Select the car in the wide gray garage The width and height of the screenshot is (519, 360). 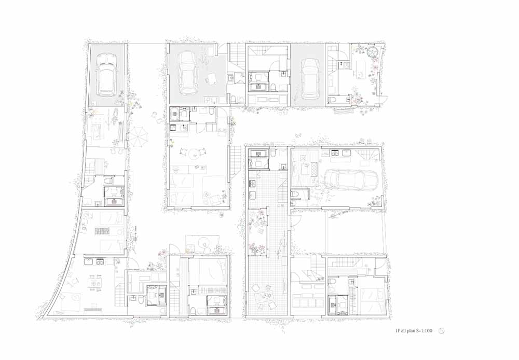coord(187,73)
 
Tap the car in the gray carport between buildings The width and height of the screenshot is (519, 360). coord(309,79)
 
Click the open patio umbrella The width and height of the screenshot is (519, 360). coord(138,136)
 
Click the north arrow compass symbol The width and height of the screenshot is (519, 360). coord(441,330)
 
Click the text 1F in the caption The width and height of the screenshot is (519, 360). coord(398,330)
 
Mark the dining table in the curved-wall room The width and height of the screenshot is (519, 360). coord(93,284)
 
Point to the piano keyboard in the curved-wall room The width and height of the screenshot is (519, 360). coord(94,309)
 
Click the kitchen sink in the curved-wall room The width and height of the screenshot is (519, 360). coord(89,262)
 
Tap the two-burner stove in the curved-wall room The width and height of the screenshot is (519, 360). coord(100,262)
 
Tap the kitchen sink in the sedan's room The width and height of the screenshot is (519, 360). coord(346,153)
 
